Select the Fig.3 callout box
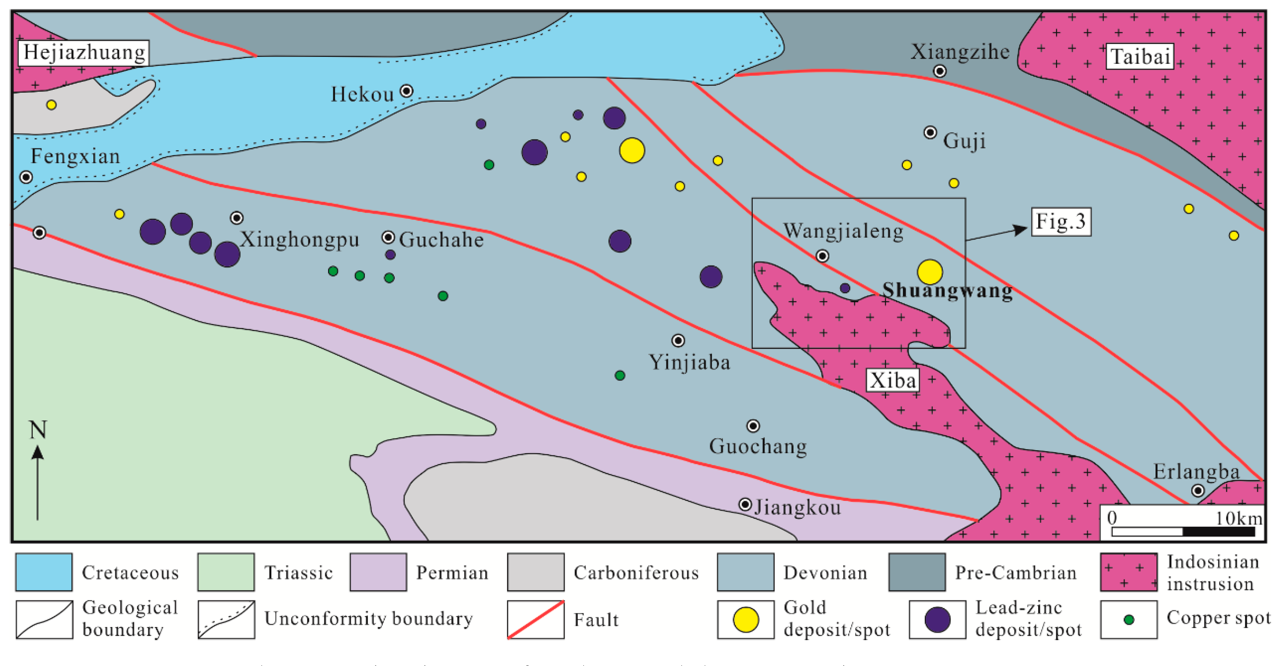pyautogui.click(x=1060, y=222)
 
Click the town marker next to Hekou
pyautogui.click(x=406, y=91)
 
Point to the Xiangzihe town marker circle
pyautogui.click(x=939, y=71)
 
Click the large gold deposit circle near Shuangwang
pyautogui.click(x=929, y=272)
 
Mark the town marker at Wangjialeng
pyautogui.click(x=822, y=256)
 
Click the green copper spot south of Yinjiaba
pyautogui.click(x=620, y=375)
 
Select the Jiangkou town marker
pyautogui.click(x=744, y=504)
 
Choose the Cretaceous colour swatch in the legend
pyautogui.click(x=44, y=572)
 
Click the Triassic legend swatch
pyautogui.click(x=226, y=572)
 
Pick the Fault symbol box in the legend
pyautogui.click(x=535, y=620)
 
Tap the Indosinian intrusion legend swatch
pyautogui.click(x=1128, y=572)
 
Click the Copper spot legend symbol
pyautogui.click(x=1128, y=620)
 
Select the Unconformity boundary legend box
pyautogui.click(x=226, y=620)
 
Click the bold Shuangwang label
pyautogui.click(x=947, y=290)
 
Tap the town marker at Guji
pyautogui.click(x=930, y=132)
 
